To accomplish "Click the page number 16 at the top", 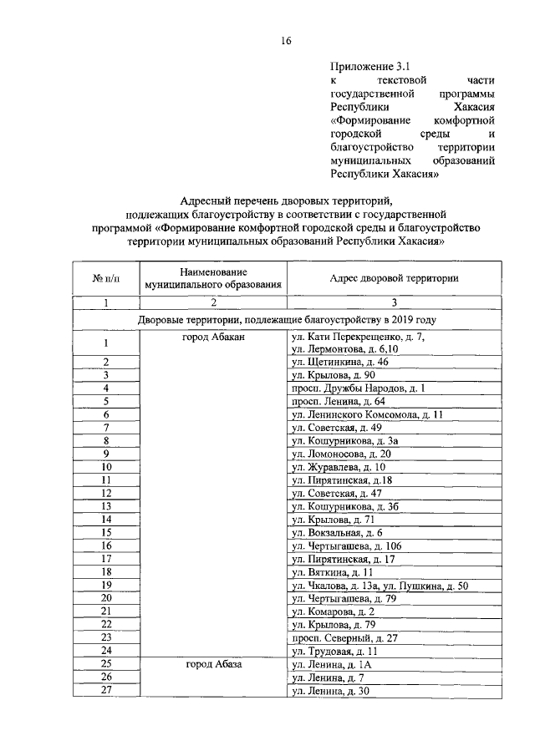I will coord(286,40).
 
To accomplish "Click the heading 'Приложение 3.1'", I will coord(364,65).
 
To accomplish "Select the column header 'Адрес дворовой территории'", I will coord(394,278).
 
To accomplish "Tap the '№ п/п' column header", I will coord(106,279).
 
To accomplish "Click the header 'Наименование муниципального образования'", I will coord(213,279).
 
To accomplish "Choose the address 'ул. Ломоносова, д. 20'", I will coord(339,454).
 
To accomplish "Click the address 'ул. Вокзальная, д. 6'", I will coord(336,532).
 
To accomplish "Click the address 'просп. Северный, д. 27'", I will coord(343,637).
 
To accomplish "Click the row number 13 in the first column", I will coord(106,506).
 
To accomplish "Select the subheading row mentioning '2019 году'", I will coord(287,319).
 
